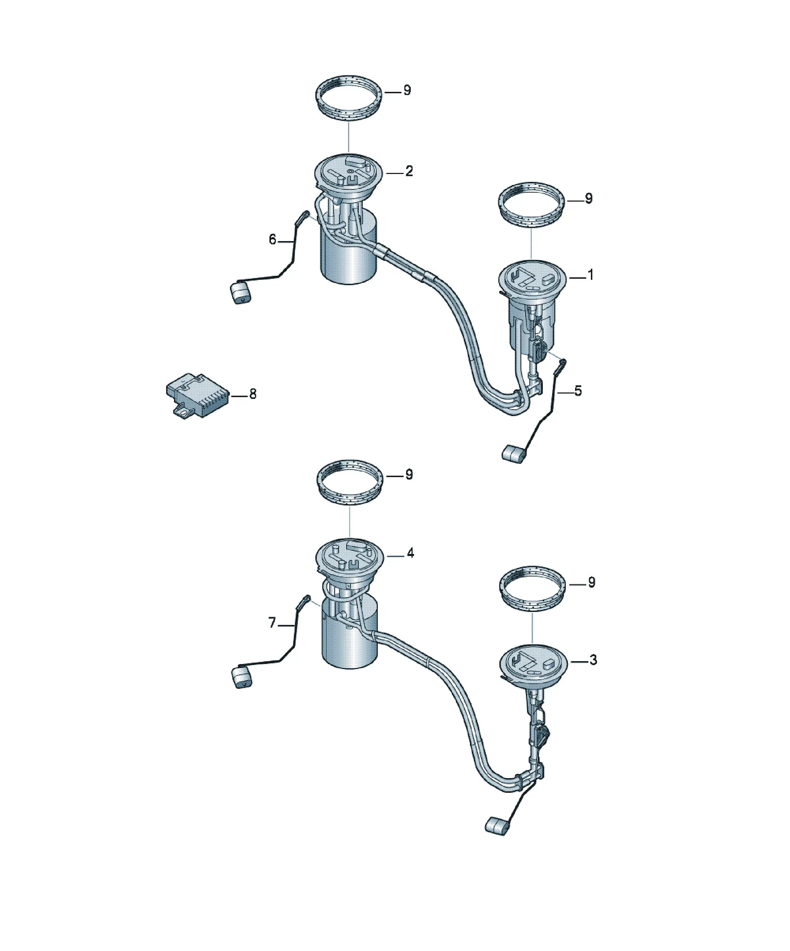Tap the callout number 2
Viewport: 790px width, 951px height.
pyautogui.click(x=409, y=171)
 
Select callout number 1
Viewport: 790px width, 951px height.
pyautogui.click(x=590, y=275)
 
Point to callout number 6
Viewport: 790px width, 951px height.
pyautogui.click(x=272, y=240)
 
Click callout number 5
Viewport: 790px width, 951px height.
pyautogui.click(x=578, y=391)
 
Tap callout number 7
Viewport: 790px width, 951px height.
pyautogui.click(x=272, y=623)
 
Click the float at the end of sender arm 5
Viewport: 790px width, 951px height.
pyautogui.click(x=513, y=454)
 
